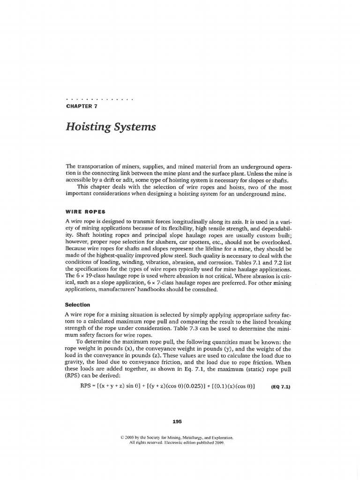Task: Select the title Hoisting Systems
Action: point(111,127)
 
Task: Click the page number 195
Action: point(177,421)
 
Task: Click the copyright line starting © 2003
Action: point(177,438)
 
